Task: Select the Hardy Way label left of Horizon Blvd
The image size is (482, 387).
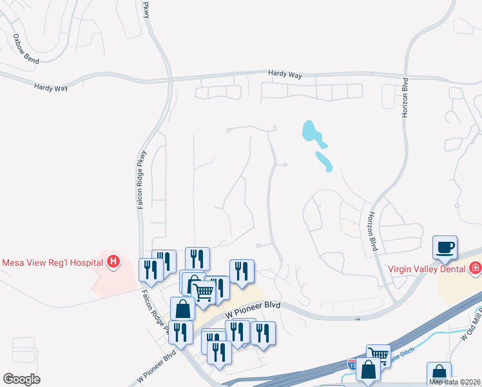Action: click(285, 75)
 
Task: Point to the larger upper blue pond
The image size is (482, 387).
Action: click(312, 132)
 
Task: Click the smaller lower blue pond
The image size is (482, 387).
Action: click(324, 161)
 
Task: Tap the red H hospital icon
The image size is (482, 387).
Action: click(113, 262)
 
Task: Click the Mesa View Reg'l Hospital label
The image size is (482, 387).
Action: click(52, 263)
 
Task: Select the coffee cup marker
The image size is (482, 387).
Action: click(445, 247)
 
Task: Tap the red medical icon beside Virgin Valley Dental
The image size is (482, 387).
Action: click(475, 267)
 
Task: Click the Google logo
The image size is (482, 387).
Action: click(21, 379)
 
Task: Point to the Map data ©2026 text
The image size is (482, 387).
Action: click(455, 382)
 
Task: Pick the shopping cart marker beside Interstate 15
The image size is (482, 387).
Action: click(378, 355)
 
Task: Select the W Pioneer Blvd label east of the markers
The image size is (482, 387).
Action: click(254, 308)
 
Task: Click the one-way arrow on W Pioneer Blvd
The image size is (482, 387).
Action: click(356, 319)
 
